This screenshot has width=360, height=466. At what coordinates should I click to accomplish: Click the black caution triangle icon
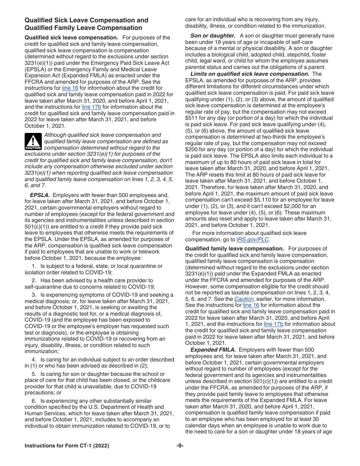pyautogui.click(x=33, y=142)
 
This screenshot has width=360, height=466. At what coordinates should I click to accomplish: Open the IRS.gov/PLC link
pyautogui.click(x=253, y=239)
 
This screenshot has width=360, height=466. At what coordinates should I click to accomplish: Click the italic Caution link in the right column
pyautogui.click(x=244, y=299)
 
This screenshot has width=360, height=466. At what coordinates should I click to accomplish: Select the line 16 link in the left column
pyautogui.click(x=70, y=88)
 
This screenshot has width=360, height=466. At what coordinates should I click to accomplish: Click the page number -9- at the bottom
pyautogui.click(x=180, y=446)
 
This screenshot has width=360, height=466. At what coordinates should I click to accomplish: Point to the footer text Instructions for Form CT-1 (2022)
pyautogui.click(x=67, y=446)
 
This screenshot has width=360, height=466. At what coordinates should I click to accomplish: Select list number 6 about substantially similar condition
pyautogui.click(x=34, y=401)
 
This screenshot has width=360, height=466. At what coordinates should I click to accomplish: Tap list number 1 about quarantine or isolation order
pyautogui.click(x=34, y=266)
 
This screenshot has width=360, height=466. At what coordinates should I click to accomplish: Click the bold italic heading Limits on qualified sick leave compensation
pyautogui.click(x=250, y=74)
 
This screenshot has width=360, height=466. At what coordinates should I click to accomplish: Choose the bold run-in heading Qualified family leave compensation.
pyautogui.click(x=234, y=249)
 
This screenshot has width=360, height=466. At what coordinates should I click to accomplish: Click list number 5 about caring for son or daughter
pyautogui.click(x=34, y=374)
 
